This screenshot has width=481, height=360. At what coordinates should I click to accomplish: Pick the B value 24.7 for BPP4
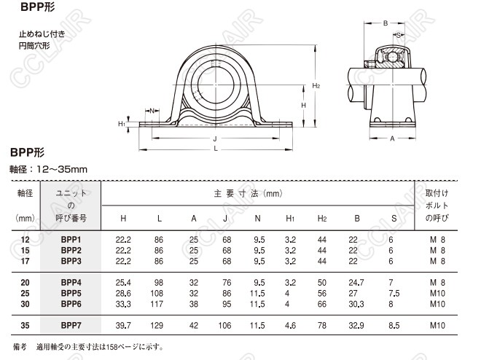356,281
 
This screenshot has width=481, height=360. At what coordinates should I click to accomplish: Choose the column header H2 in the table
322,218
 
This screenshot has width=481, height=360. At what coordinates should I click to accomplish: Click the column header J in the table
227,218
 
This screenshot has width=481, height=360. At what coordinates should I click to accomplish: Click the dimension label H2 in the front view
316,86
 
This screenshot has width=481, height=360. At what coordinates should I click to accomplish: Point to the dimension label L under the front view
216,149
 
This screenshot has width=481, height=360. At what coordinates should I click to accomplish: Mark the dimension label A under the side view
392,138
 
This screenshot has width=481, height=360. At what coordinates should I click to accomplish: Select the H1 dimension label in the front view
122,124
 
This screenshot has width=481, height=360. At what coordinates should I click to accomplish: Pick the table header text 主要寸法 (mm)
248,194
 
